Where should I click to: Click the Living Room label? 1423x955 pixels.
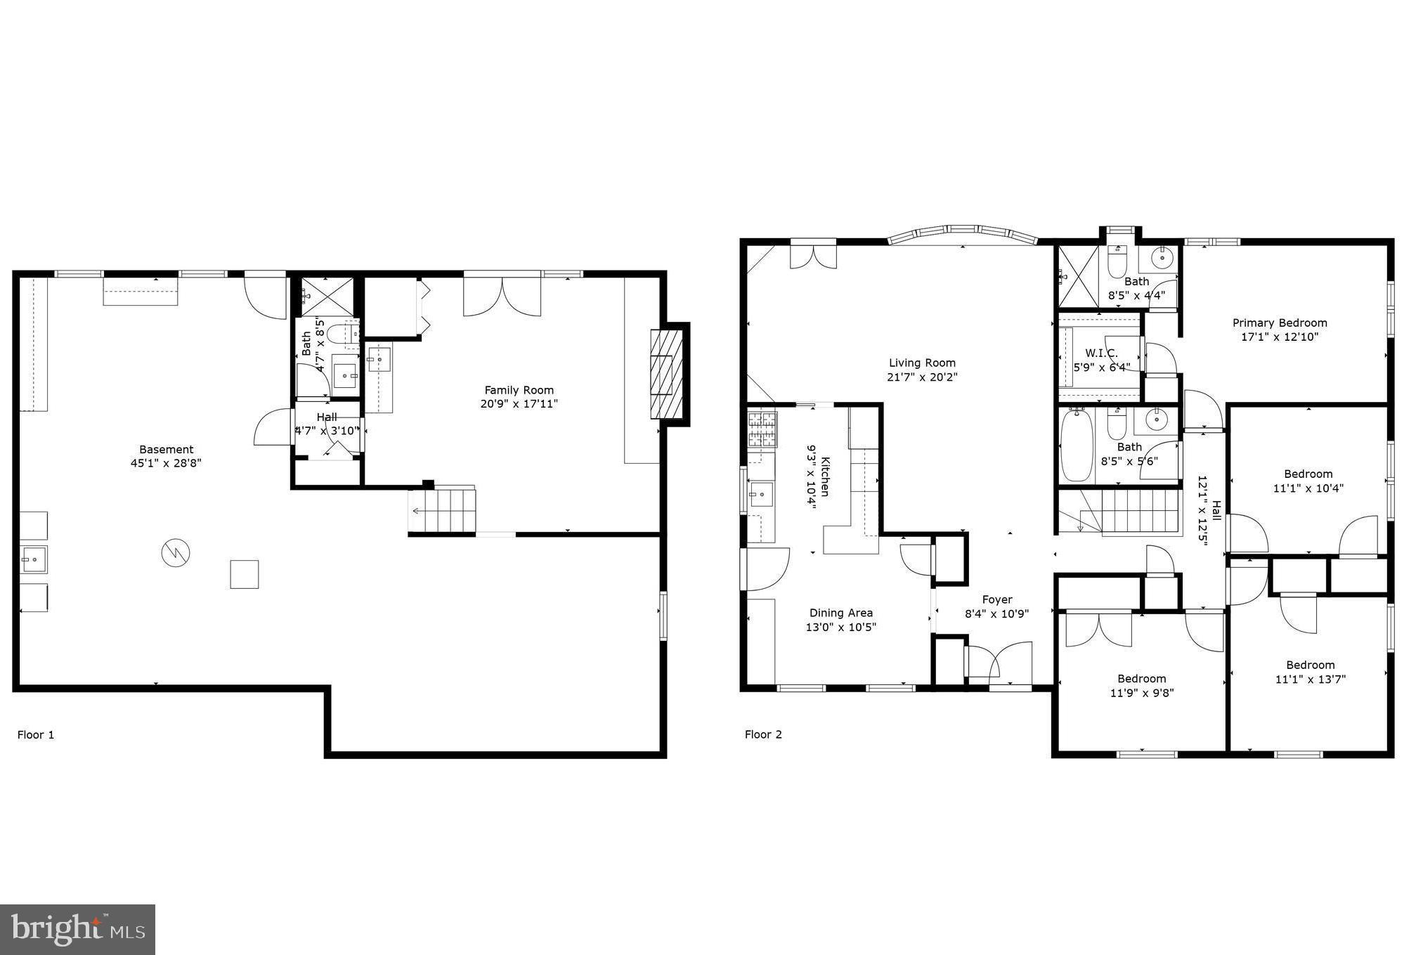point(922,363)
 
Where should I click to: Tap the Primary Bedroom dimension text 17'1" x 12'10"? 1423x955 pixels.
point(1280,337)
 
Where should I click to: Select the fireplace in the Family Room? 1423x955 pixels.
point(666,374)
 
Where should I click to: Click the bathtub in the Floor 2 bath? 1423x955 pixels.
point(1075,446)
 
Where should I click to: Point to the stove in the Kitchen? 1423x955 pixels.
point(762,430)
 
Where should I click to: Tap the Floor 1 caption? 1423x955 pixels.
point(36,735)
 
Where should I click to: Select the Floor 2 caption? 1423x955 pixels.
point(763,734)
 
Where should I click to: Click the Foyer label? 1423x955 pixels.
point(997,599)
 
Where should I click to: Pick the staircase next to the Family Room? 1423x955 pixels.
point(443,510)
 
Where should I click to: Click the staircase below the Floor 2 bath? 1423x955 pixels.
point(1127,512)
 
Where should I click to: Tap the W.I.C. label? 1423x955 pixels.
point(1101,353)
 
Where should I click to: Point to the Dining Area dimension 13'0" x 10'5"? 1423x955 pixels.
point(841,627)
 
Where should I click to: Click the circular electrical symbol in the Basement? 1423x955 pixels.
point(176,553)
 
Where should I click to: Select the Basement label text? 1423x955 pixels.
point(166,449)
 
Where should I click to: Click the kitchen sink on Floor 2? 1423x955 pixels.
point(760,495)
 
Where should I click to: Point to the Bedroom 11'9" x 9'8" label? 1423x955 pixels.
point(1141,678)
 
